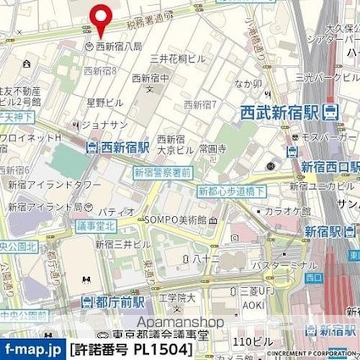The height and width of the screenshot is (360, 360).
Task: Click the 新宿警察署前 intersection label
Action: coord(161,172)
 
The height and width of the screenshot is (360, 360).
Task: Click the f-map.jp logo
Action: coord(31,349)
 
